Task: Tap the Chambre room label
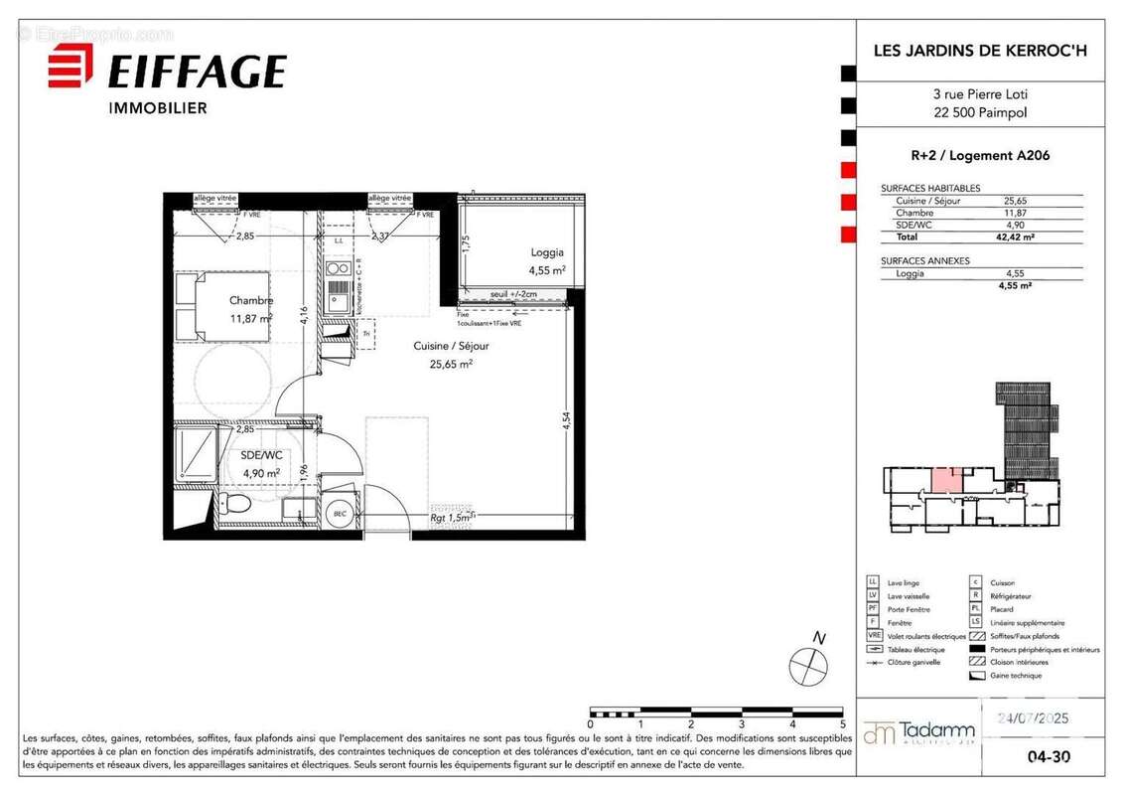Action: (x=251, y=301)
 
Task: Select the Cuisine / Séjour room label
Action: (x=451, y=346)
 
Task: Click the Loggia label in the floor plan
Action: (x=546, y=253)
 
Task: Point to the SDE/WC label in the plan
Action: (x=262, y=455)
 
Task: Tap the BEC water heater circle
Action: (x=340, y=513)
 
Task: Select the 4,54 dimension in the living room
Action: (x=566, y=420)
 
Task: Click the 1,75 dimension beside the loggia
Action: (x=465, y=241)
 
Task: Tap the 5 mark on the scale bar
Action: (x=842, y=725)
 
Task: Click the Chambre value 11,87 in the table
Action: (x=1015, y=213)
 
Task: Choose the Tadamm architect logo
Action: (x=918, y=733)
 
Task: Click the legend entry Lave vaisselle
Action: (x=908, y=596)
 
